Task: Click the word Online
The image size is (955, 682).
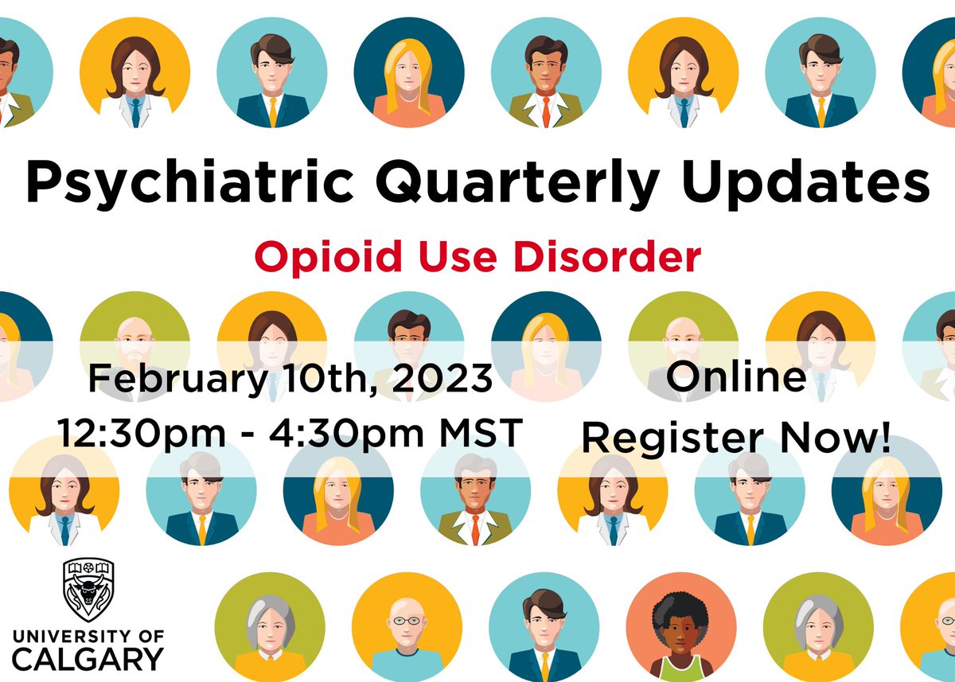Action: coord(736,377)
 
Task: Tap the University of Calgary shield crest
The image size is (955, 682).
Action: coord(88,590)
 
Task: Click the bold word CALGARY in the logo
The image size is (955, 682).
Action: coord(88,659)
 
